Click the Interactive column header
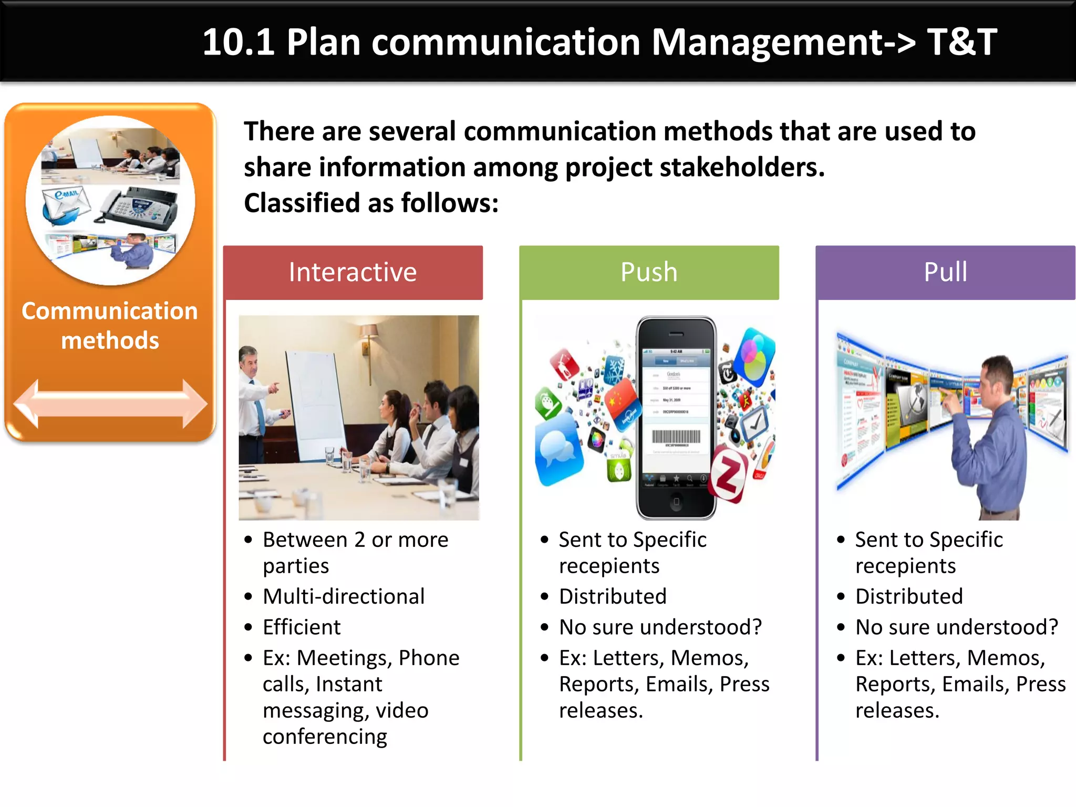coord(353,272)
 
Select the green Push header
coord(649,272)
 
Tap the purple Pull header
coord(945,272)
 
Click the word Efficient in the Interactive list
coord(302,627)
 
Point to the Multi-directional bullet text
coord(344,596)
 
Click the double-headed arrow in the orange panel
coord(110,403)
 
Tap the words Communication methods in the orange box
coord(110,325)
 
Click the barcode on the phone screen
coord(676,437)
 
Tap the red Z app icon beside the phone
coord(728,475)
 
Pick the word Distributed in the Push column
coord(613,596)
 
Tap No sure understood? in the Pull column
coord(956,627)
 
